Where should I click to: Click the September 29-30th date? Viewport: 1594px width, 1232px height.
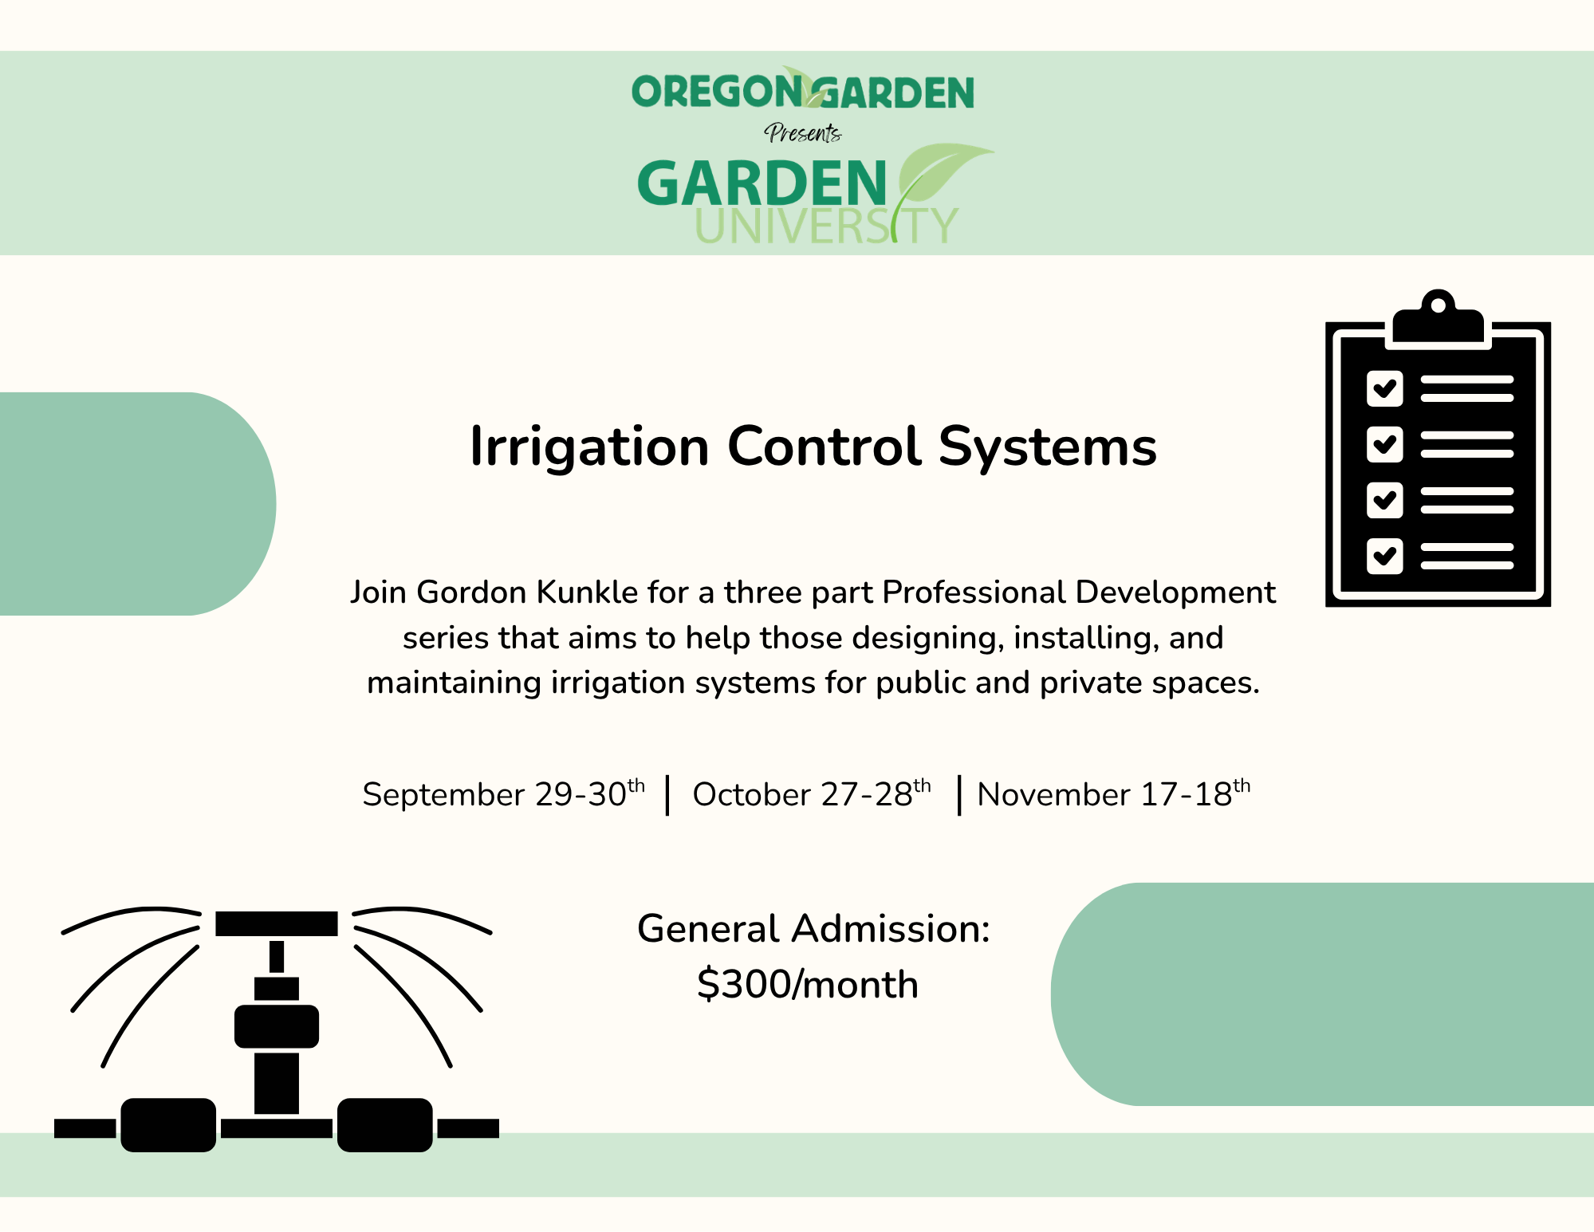[x=503, y=794]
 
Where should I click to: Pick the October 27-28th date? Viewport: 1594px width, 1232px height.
[x=812, y=794]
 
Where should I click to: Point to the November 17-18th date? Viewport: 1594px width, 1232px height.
[x=1114, y=794]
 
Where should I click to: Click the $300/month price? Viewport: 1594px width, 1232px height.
[x=808, y=984]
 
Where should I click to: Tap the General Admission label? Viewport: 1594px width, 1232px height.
[x=813, y=929]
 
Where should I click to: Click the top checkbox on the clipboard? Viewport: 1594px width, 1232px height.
[x=1384, y=388]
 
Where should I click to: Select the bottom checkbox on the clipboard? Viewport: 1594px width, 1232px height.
[x=1384, y=556]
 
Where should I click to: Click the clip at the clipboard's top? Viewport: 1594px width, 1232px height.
[x=1438, y=319]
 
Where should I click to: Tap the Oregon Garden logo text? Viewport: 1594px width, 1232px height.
[x=803, y=90]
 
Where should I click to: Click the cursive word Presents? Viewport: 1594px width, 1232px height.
[x=803, y=132]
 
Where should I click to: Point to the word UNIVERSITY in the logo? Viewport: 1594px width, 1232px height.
[x=826, y=226]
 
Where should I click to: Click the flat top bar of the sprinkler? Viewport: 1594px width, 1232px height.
[x=277, y=923]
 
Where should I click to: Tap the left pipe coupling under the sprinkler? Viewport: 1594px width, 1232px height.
[x=168, y=1125]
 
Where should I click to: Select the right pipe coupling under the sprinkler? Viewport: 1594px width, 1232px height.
[x=385, y=1125]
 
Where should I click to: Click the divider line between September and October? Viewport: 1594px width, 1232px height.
[x=668, y=795]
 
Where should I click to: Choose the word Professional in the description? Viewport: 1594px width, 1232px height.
[x=974, y=592]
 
